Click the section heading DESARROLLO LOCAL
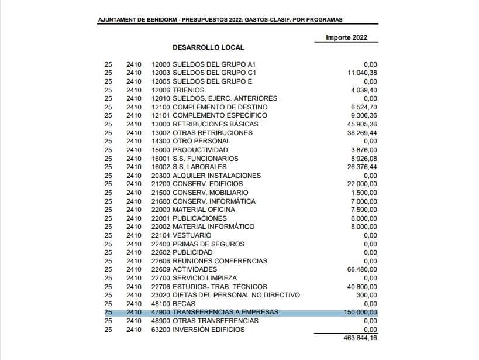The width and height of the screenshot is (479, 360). pos(208,47)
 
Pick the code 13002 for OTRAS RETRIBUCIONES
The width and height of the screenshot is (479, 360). pos(161,133)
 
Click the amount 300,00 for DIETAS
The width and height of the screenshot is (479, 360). pos(369,295)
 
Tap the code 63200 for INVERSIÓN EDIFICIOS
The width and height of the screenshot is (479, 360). pos(161,330)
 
